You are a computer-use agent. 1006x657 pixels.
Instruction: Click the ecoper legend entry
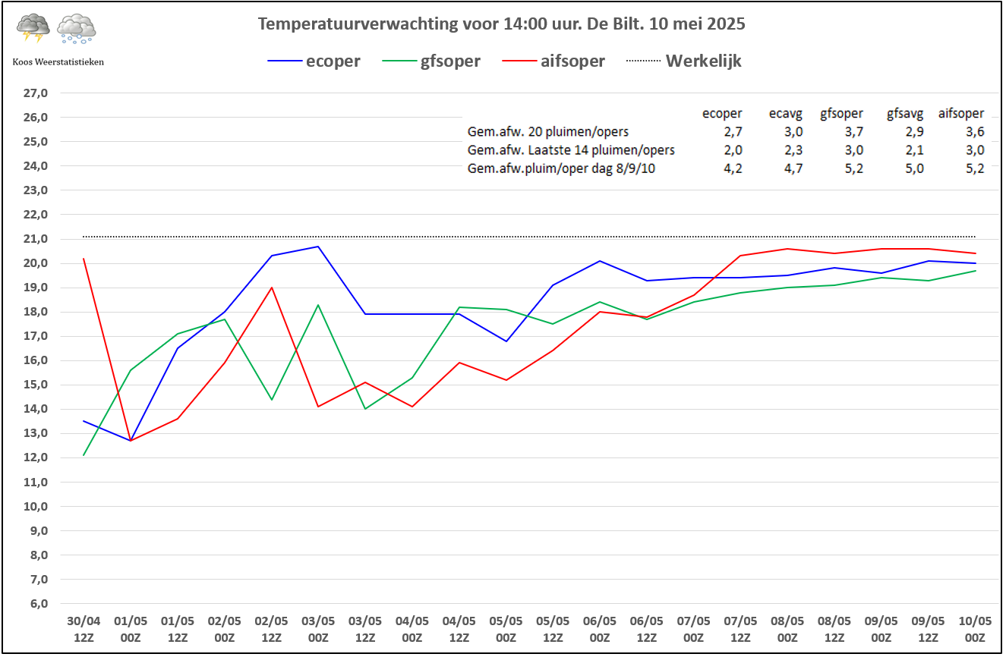[333, 61]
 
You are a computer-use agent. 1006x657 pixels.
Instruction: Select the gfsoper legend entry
[450, 61]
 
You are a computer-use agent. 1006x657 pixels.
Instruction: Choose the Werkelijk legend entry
[703, 61]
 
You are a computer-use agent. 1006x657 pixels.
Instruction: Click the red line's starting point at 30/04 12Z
[84, 259]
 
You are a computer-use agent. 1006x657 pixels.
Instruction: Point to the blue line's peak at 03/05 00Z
[318, 246]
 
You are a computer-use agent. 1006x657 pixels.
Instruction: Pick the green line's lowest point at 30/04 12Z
[84, 455]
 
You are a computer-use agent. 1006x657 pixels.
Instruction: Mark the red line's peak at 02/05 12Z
[271, 288]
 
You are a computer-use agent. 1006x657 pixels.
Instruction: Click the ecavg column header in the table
[785, 114]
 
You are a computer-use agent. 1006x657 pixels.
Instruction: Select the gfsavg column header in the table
[905, 114]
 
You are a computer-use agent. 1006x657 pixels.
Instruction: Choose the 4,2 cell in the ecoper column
[733, 168]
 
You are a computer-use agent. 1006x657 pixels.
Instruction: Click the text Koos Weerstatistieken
[58, 61]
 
